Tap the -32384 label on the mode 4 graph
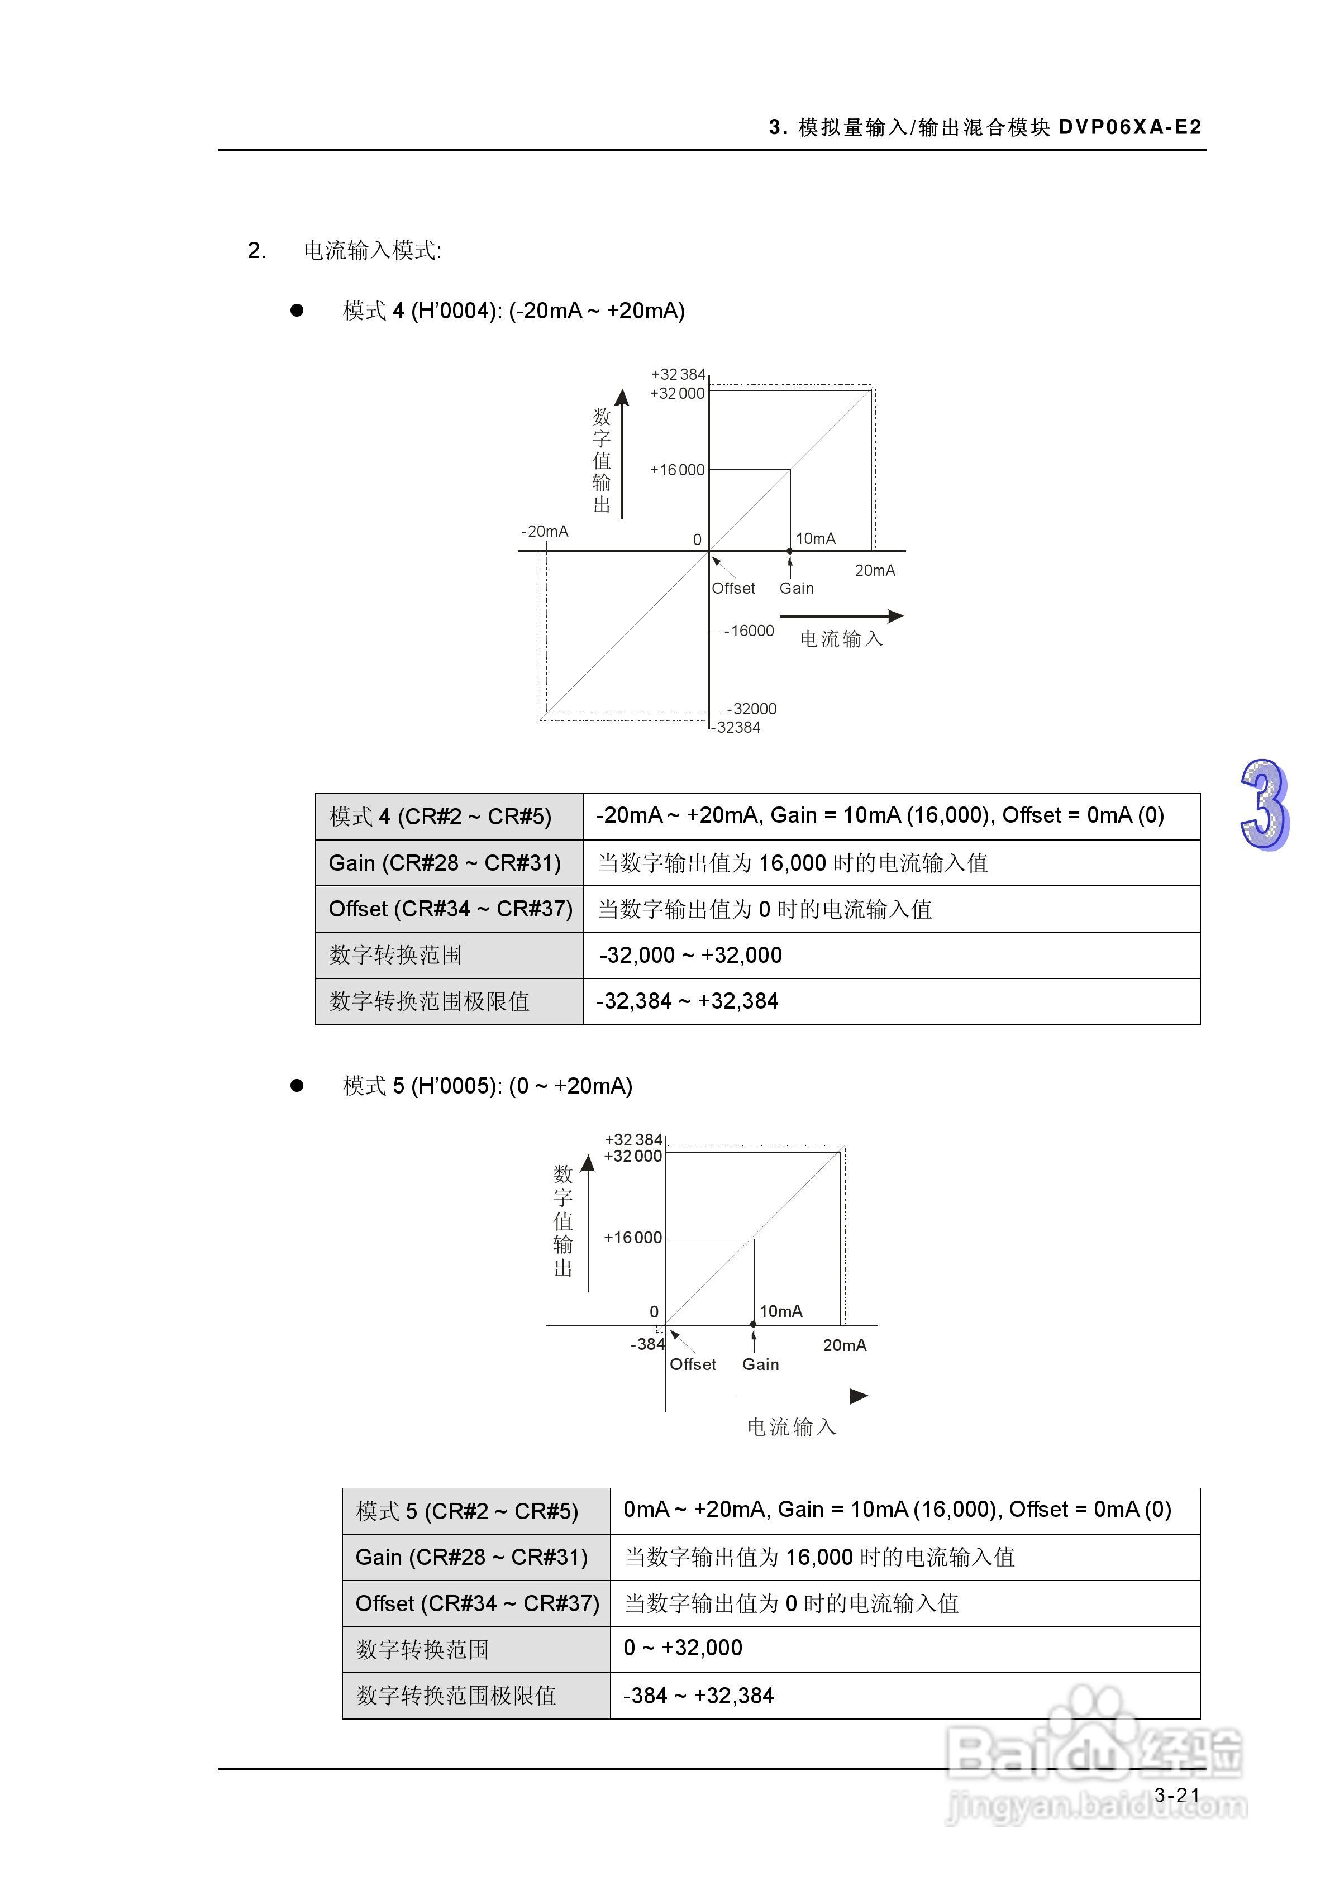737,728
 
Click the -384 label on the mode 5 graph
646,1344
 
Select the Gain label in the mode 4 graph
797,588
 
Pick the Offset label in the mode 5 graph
693,1364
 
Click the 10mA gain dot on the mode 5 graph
753,1325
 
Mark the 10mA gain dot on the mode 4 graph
790,551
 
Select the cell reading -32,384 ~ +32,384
688,1001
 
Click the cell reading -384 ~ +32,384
698,1696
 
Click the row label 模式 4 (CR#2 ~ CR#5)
440,817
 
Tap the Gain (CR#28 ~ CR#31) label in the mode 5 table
471,1558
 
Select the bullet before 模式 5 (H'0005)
297,1086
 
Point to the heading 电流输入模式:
372,251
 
